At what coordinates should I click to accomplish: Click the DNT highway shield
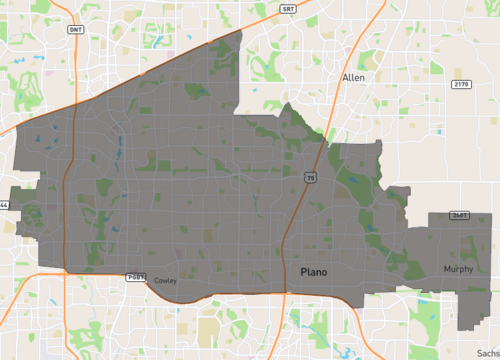(x=76, y=30)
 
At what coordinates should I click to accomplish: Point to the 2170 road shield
(x=460, y=84)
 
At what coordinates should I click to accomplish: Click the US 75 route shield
(x=311, y=178)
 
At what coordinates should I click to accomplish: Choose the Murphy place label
(x=459, y=269)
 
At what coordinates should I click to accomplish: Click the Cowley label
(x=165, y=281)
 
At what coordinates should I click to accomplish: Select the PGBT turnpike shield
(x=135, y=275)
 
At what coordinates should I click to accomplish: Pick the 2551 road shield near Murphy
(x=460, y=214)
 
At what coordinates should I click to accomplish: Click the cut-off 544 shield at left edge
(x=3, y=205)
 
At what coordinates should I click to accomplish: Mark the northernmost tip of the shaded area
(x=242, y=31)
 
